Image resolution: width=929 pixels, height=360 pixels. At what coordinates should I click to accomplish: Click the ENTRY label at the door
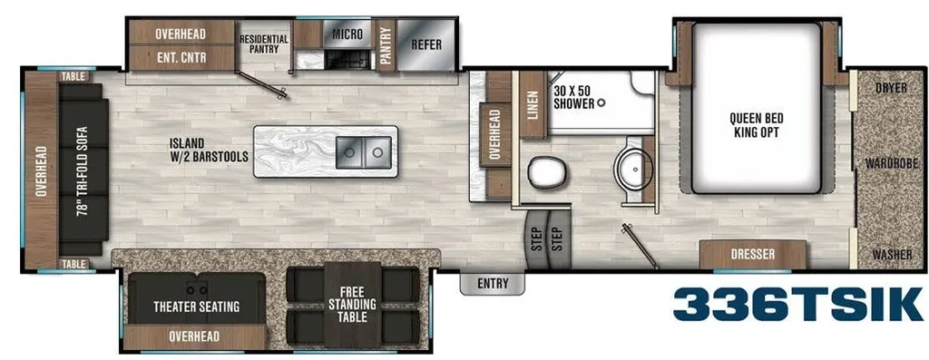tap(493, 284)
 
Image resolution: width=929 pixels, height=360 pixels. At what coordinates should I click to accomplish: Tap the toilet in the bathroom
tap(545, 171)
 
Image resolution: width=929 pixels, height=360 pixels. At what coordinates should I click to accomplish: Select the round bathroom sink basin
tap(632, 168)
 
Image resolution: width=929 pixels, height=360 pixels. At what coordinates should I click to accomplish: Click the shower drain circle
tap(601, 103)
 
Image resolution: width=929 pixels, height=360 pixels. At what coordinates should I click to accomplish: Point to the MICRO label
tap(347, 34)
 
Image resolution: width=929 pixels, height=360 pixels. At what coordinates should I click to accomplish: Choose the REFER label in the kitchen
tap(426, 44)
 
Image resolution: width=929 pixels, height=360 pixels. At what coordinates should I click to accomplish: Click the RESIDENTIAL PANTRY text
tap(264, 44)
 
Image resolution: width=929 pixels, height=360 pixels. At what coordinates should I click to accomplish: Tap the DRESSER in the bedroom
tap(752, 255)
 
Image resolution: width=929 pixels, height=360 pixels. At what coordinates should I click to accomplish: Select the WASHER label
tap(892, 255)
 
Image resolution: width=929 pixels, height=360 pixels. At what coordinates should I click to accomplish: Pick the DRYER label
tap(891, 88)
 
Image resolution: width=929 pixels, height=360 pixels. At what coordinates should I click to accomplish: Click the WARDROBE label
tap(891, 163)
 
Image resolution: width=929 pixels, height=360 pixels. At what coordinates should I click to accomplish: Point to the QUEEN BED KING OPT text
tap(756, 125)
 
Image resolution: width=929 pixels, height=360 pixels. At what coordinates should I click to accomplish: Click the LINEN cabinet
tap(532, 105)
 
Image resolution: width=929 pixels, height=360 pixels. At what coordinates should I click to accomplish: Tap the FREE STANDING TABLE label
tap(353, 305)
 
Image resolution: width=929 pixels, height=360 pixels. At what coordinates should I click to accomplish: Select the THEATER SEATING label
tap(196, 306)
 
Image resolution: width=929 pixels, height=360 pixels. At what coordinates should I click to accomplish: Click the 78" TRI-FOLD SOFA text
tap(83, 170)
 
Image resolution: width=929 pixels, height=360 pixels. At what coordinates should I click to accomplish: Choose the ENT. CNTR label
tap(181, 58)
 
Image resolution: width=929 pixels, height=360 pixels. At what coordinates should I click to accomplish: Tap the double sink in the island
tap(364, 151)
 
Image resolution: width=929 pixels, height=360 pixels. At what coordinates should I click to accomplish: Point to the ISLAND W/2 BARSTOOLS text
tap(208, 151)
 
